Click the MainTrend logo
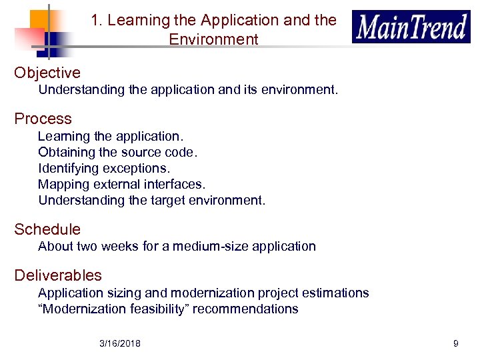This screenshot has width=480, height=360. coord(411,27)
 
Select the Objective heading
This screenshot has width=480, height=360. coord(47,73)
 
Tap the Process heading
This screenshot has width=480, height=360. coord(43,119)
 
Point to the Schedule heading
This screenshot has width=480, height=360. coord(47,229)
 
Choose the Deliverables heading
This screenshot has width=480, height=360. coord(58,275)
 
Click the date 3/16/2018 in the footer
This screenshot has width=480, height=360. coord(120,343)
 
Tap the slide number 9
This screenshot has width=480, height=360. coord(455,343)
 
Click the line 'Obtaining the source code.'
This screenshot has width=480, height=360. coord(118,152)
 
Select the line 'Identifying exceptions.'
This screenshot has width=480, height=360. coord(104,168)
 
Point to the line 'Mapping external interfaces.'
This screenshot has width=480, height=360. coord(122,184)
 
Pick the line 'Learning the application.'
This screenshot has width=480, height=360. coord(111,136)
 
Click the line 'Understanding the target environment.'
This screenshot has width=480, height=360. coord(151,200)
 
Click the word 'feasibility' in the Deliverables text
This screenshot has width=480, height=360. coord(159,309)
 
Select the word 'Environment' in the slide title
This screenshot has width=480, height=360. coord(213,39)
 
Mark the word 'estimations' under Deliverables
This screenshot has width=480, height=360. coord(335,293)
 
